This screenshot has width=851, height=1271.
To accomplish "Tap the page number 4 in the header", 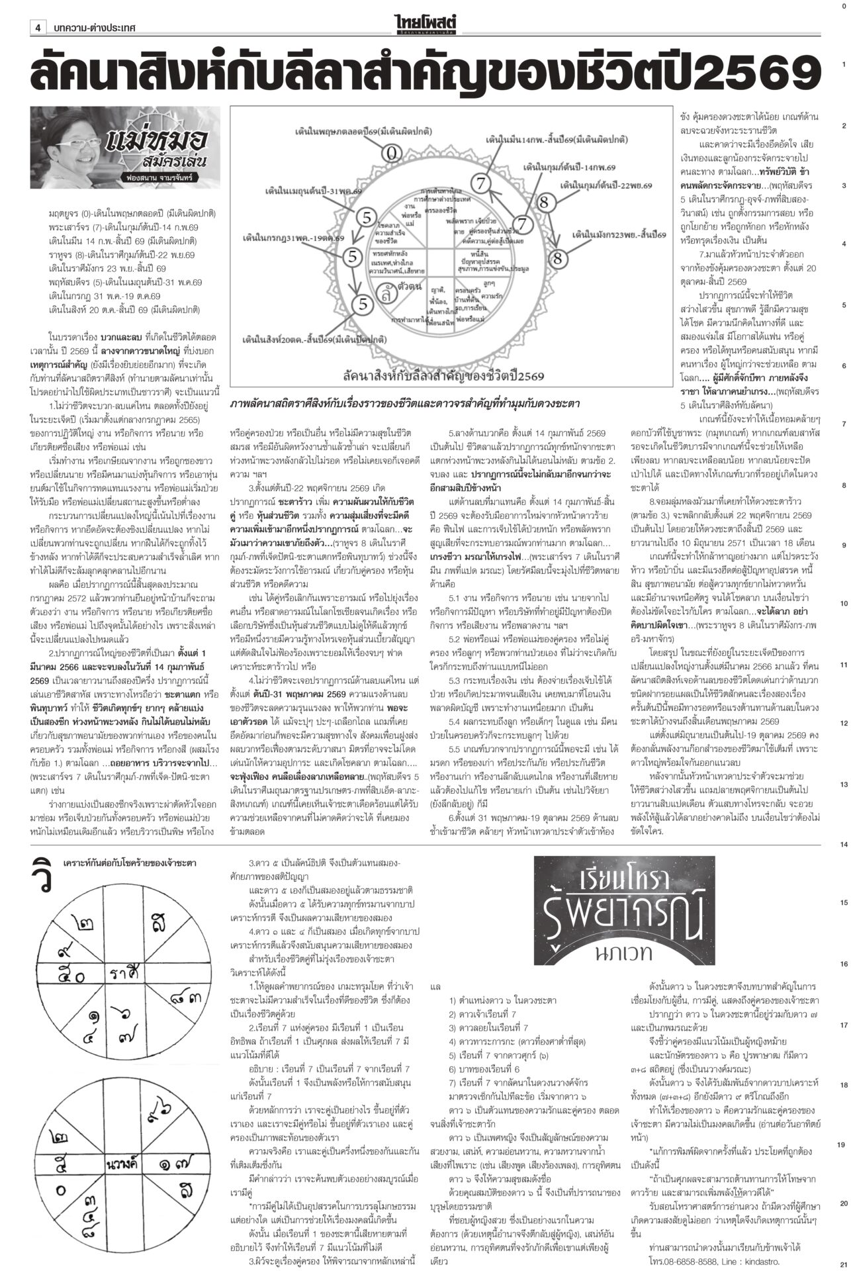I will point(38,28).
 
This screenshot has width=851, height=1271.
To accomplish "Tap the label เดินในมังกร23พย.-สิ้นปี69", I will point(619,234).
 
